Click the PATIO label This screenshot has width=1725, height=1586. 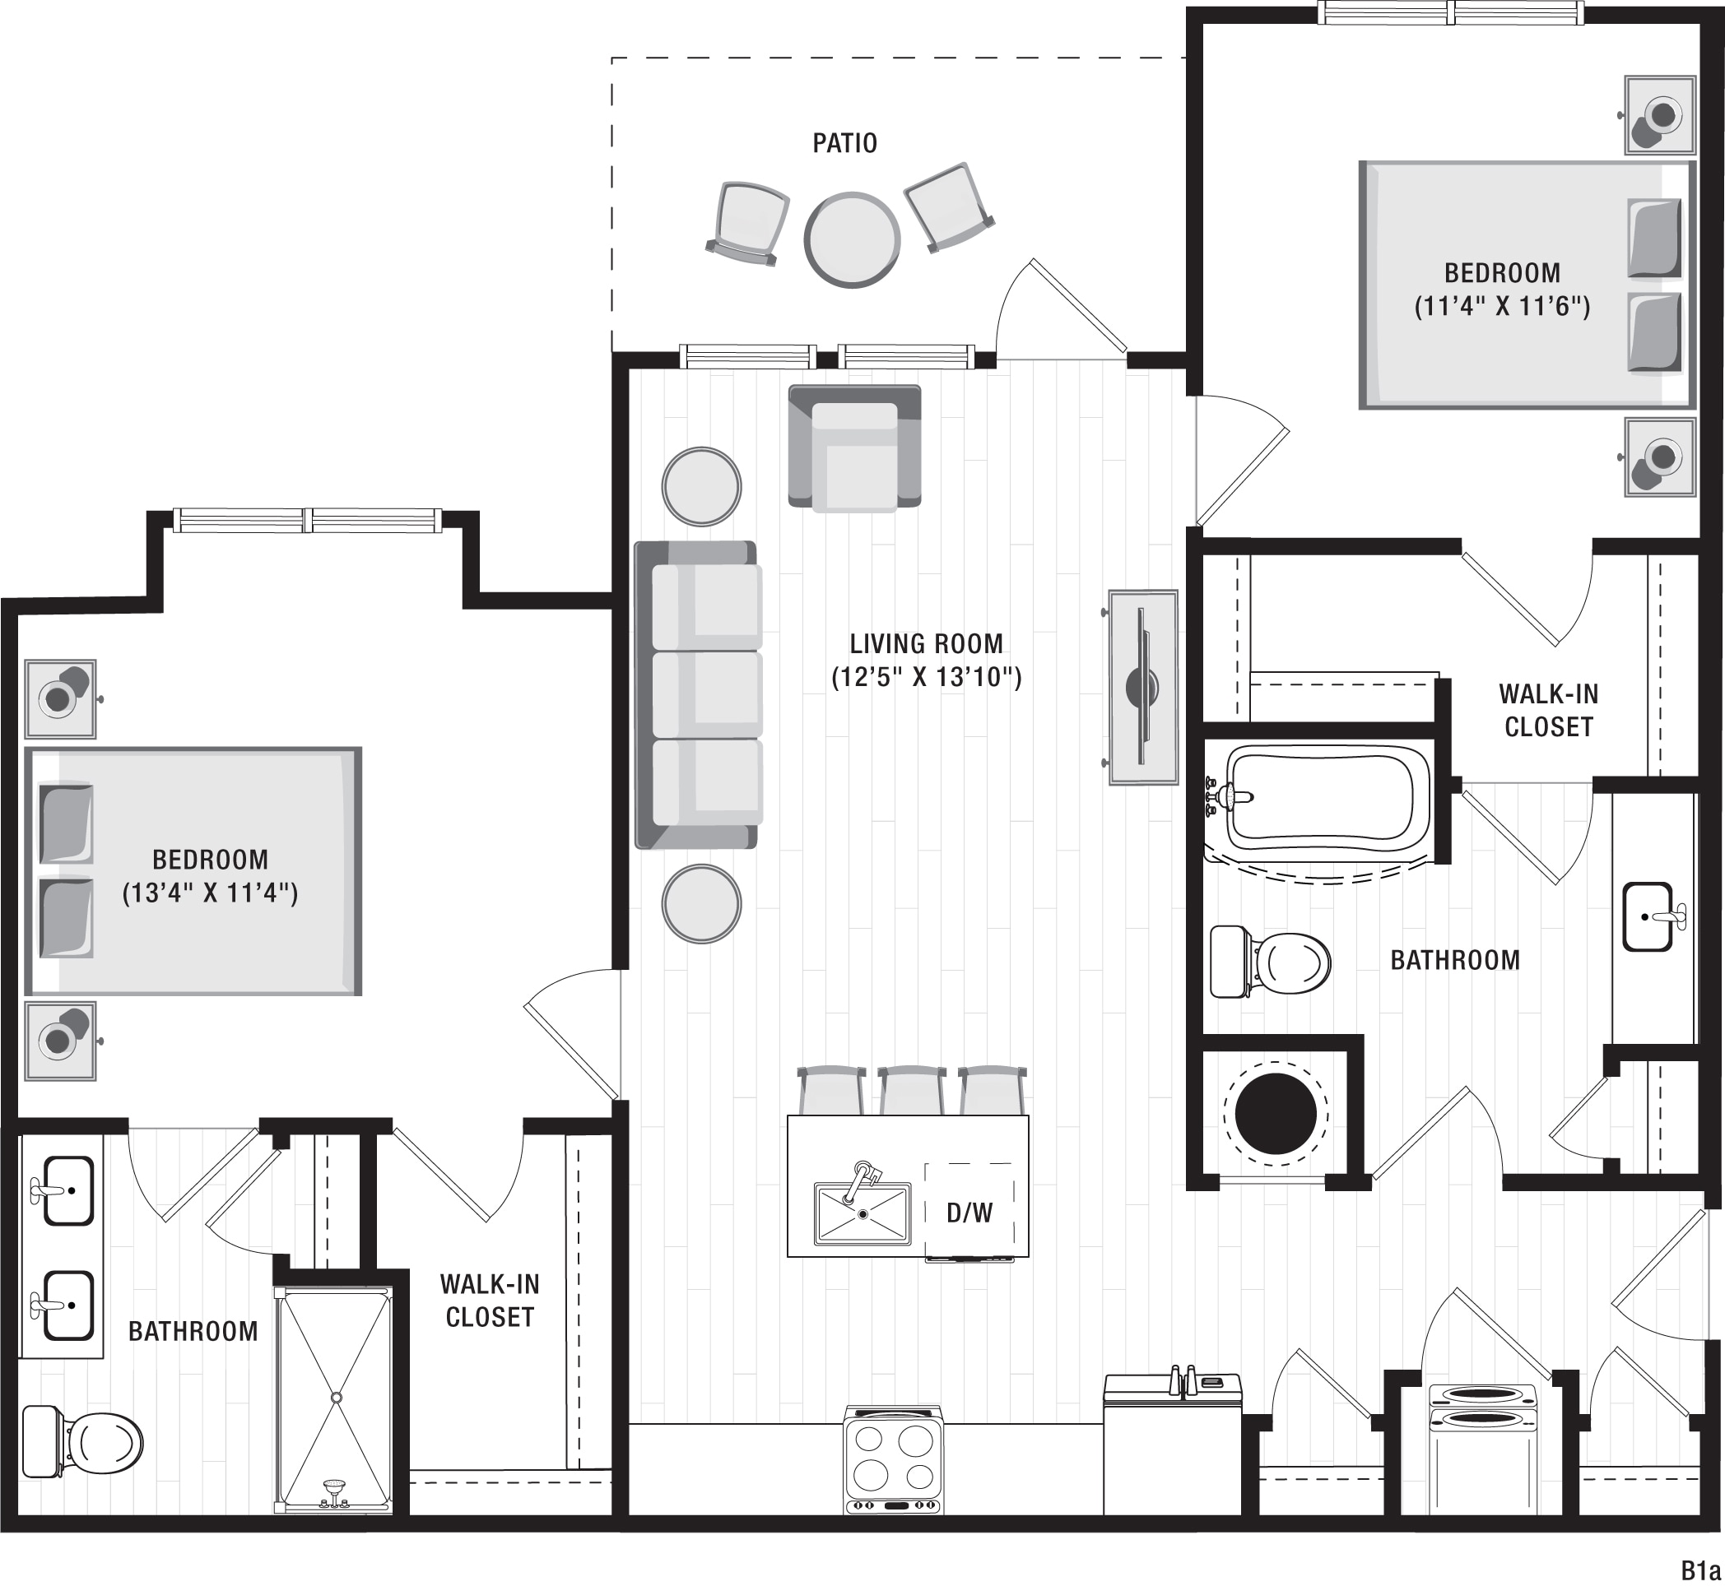845,142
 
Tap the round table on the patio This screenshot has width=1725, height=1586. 852,239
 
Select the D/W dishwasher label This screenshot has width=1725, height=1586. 969,1213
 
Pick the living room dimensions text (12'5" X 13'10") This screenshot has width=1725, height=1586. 927,677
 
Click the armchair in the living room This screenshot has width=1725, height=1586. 854,448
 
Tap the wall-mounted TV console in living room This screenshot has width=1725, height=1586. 1142,687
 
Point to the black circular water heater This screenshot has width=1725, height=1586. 1275,1113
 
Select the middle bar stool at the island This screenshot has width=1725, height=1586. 912,1090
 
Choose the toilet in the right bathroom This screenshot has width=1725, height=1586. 1270,961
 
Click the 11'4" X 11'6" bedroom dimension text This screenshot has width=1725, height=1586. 1503,306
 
